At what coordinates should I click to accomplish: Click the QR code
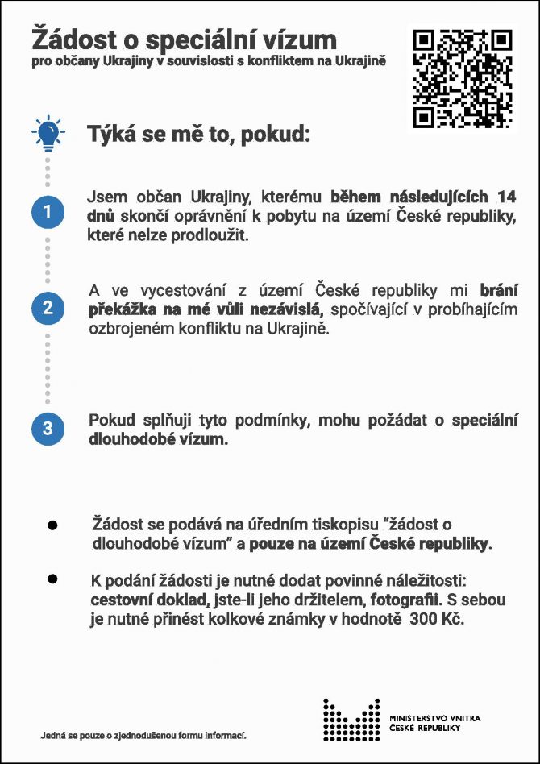click(463, 78)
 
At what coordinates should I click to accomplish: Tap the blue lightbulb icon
click(48, 132)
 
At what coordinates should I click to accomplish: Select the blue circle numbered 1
click(48, 212)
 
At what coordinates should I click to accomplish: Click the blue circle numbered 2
click(48, 307)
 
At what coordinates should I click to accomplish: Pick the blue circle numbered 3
click(48, 428)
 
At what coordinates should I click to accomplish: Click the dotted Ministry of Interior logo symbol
click(351, 719)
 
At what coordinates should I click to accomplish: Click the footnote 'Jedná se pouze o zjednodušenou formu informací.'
click(143, 735)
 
